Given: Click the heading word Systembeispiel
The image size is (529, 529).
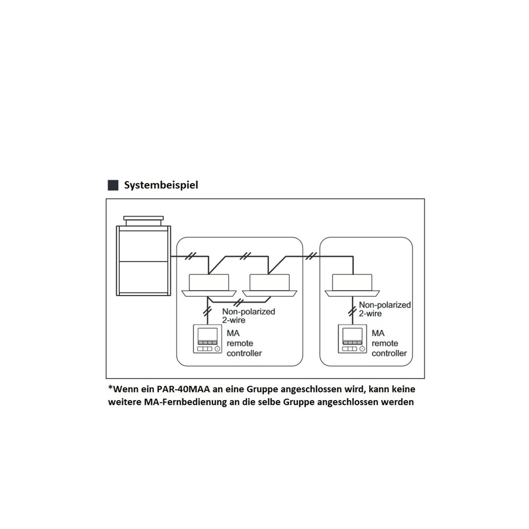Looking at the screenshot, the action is point(161,185).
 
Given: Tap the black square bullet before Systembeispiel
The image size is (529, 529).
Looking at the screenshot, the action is point(113,185).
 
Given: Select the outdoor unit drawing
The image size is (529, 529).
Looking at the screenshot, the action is point(144,256).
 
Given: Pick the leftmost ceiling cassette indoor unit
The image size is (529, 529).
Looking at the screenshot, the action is point(209,285).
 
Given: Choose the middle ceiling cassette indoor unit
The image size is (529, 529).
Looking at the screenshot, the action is point(269,285).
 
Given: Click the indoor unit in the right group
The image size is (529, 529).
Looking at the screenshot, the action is point(352,285).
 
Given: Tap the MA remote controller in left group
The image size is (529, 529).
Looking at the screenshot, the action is point(208,339).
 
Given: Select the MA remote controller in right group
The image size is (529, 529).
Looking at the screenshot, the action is point(352,339).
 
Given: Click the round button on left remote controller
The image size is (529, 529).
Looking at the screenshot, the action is point(217,349).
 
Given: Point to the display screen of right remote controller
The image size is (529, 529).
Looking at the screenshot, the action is point(352,334).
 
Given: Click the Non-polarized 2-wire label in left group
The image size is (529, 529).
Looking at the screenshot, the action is point(249,316).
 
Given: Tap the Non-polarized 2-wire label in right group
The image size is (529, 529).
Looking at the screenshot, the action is point(384,309).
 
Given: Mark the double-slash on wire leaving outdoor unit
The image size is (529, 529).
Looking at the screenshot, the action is point(190,256).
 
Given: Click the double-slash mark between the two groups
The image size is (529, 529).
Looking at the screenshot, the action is point(311,256).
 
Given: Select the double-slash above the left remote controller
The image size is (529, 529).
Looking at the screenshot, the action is point(207,311).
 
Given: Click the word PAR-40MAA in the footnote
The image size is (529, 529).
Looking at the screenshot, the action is point(184,389).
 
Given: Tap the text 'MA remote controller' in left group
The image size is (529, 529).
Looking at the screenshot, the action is point(244,343).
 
